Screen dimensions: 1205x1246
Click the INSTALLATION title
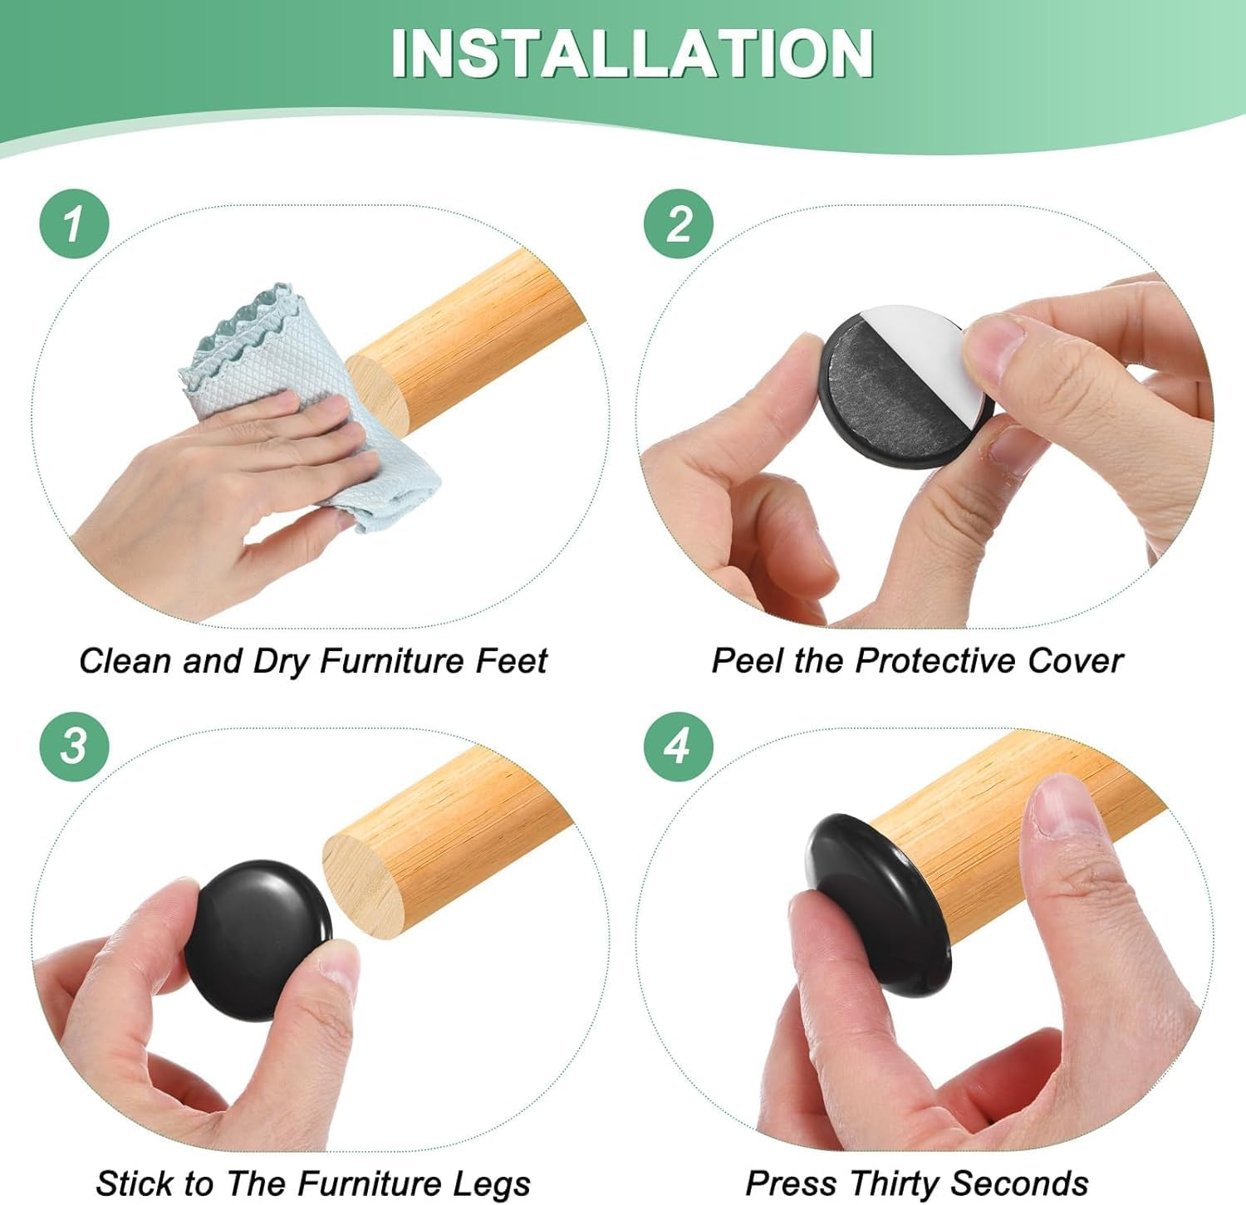[631, 53]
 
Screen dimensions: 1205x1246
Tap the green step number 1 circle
[74, 223]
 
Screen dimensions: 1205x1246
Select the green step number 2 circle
[679, 223]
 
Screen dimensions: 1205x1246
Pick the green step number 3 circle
[74, 745]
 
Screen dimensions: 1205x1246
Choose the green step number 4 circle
[679, 745]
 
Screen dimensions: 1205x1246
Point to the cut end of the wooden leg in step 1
[379, 394]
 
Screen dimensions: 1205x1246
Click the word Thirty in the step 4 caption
[893, 1183]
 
